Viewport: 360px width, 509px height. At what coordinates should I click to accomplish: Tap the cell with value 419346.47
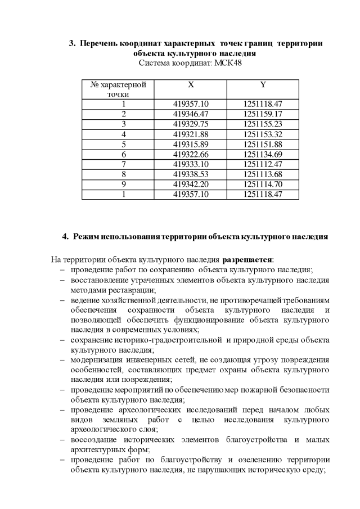pyautogui.click(x=191, y=114)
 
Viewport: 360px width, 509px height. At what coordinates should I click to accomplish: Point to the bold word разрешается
pyautogui.click(x=247, y=260)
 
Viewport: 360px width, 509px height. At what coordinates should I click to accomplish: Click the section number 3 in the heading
pyautogui.click(x=71, y=43)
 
